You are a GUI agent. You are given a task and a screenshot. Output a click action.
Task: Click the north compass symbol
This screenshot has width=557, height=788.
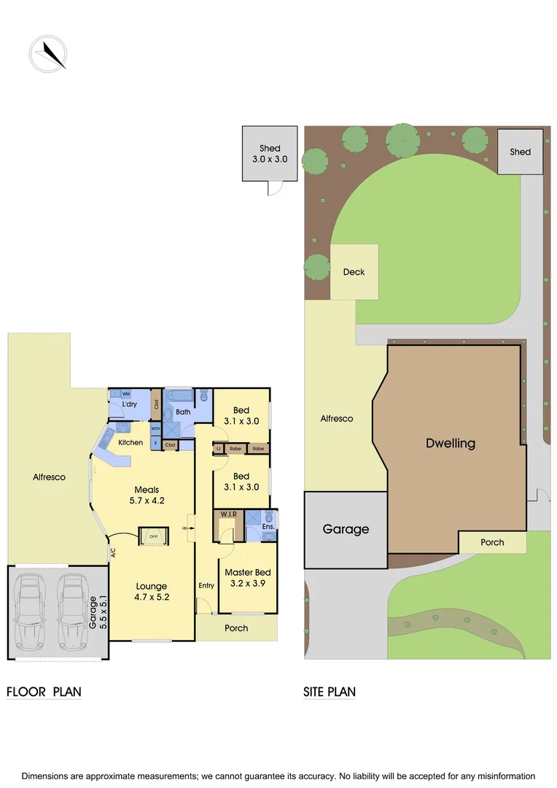pyautogui.click(x=48, y=53)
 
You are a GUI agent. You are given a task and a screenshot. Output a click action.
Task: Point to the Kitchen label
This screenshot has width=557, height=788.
pyautogui.click(x=131, y=443)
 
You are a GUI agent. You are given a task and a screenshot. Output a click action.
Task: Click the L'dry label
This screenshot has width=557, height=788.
pyautogui.click(x=130, y=404)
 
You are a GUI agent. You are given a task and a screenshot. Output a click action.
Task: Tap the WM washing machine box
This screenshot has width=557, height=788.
pyautogui.click(x=126, y=394)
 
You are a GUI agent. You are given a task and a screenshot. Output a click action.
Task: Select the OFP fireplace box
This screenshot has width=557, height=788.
pyautogui.click(x=153, y=536)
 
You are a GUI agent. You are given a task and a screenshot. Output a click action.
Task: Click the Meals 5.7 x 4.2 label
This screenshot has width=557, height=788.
pyautogui.click(x=147, y=495)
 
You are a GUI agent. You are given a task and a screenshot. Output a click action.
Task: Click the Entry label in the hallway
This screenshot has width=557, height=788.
pyautogui.click(x=206, y=585)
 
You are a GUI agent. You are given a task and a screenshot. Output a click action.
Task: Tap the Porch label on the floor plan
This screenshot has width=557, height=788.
pyautogui.click(x=236, y=628)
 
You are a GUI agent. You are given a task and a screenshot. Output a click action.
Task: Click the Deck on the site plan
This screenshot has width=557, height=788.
pyautogui.click(x=354, y=272)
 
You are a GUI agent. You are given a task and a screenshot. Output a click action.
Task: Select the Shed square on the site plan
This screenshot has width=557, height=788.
pyautogui.click(x=520, y=152)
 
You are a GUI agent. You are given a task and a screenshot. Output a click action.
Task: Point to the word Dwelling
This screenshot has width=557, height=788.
pyautogui.click(x=451, y=443)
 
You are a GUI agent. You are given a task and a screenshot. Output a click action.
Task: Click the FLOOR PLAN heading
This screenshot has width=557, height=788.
pyautogui.click(x=44, y=692)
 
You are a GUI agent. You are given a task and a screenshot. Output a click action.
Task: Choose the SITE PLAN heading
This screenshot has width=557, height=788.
pyautogui.click(x=330, y=692)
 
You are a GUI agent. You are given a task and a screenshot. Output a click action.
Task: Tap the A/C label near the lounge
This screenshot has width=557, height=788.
pyautogui.click(x=113, y=553)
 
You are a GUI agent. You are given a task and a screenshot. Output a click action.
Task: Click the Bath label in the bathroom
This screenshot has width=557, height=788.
pyautogui.click(x=183, y=412)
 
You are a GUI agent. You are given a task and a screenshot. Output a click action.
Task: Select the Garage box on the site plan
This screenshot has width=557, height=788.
pyautogui.click(x=346, y=530)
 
